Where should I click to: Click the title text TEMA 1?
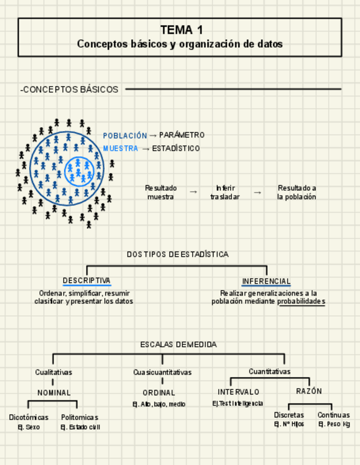(x=180, y=30)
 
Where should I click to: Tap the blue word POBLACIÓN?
(x=125, y=135)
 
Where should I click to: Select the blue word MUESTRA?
(x=121, y=149)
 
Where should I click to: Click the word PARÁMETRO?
(x=182, y=135)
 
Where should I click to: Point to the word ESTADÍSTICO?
(x=176, y=149)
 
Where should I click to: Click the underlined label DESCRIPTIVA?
(x=87, y=281)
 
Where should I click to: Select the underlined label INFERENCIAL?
(x=266, y=281)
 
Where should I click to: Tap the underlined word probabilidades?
(x=301, y=302)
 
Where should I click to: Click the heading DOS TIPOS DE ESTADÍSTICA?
(x=178, y=254)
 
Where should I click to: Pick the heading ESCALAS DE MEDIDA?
(x=178, y=345)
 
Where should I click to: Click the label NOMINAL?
(x=54, y=393)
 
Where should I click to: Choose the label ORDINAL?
(x=159, y=393)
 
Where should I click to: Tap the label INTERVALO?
(x=239, y=392)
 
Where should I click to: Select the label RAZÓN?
(x=309, y=392)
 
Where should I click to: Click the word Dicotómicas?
(x=29, y=417)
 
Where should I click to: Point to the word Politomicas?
(x=80, y=417)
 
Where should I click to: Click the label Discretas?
(x=289, y=415)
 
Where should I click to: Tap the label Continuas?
(x=334, y=415)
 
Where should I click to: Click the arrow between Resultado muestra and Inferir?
(x=193, y=192)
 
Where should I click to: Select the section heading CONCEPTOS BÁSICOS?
(x=70, y=89)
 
